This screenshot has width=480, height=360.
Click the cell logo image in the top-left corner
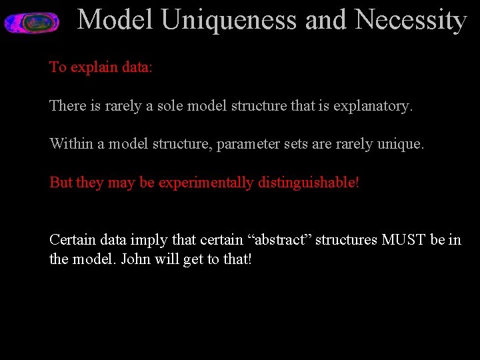point(31,22)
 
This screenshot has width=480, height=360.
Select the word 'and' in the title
point(326,20)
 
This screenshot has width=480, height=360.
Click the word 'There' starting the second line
point(67,106)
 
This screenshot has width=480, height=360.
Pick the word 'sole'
point(170,106)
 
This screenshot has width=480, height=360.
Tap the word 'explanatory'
point(375,106)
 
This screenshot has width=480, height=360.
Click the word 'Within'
point(71,144)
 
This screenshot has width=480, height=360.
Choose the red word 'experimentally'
point(206,183)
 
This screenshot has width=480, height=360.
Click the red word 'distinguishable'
point(308,183)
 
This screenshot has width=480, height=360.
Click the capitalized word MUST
point(404,240)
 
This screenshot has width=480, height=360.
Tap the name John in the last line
point(137,259)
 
